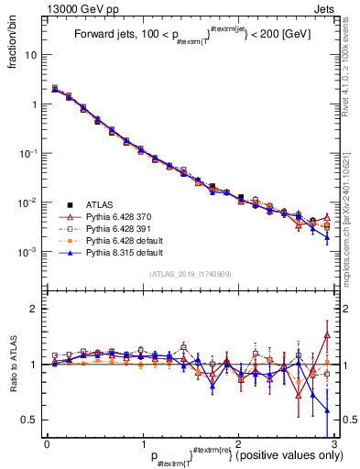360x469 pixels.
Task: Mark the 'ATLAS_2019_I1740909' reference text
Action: tap(190, 274)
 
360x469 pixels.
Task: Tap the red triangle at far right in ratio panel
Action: tap(327, 335)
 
